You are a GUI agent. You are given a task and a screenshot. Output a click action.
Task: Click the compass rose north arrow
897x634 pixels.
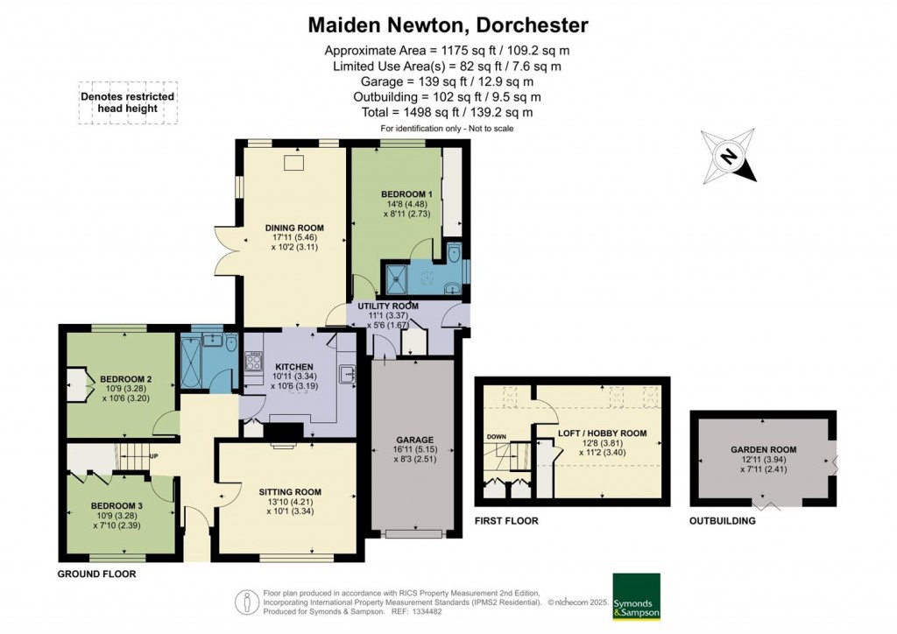pos(729,157)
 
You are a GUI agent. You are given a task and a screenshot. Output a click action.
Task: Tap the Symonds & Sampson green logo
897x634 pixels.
pos(635,596)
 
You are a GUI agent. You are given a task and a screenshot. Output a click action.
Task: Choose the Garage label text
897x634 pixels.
pos(413,440)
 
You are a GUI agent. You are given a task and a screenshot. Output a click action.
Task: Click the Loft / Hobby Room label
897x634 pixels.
pos(602,433)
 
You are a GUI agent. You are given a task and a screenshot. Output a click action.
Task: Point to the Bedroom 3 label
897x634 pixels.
pos(116,506)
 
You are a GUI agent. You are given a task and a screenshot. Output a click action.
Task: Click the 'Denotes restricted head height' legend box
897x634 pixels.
pos(127,103)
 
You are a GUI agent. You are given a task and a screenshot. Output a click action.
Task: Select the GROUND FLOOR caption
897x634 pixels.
pos(96,574)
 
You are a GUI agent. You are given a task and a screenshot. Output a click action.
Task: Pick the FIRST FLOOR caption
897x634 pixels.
pos(506,521)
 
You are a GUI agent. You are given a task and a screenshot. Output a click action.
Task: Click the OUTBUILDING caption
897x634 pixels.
pos(723,521)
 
